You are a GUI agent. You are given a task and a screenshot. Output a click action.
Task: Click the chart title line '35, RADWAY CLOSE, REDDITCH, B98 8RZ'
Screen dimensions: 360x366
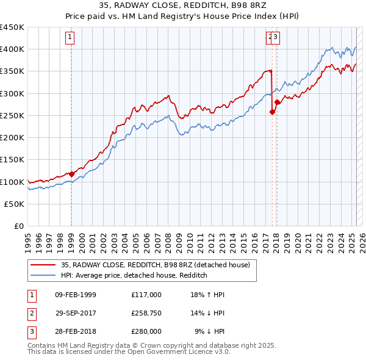tap(183, 5)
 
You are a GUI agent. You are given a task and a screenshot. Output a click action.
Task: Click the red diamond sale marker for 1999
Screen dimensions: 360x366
tap(71, 174)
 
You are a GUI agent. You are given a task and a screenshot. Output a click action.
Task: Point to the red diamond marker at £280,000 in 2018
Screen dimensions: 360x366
tap(277, 103)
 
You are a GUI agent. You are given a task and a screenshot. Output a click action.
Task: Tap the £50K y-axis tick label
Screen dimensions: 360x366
tap(15, 204)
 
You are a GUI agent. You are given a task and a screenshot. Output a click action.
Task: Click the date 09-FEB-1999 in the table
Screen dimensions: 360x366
tap(76, 295)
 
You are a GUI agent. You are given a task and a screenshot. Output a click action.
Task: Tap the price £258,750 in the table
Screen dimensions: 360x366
tap(146, 314)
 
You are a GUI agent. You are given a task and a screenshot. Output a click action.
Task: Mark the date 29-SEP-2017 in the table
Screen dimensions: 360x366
tap(76, 314)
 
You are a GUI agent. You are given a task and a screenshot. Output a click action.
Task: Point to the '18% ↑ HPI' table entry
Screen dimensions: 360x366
tap(207, 295)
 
